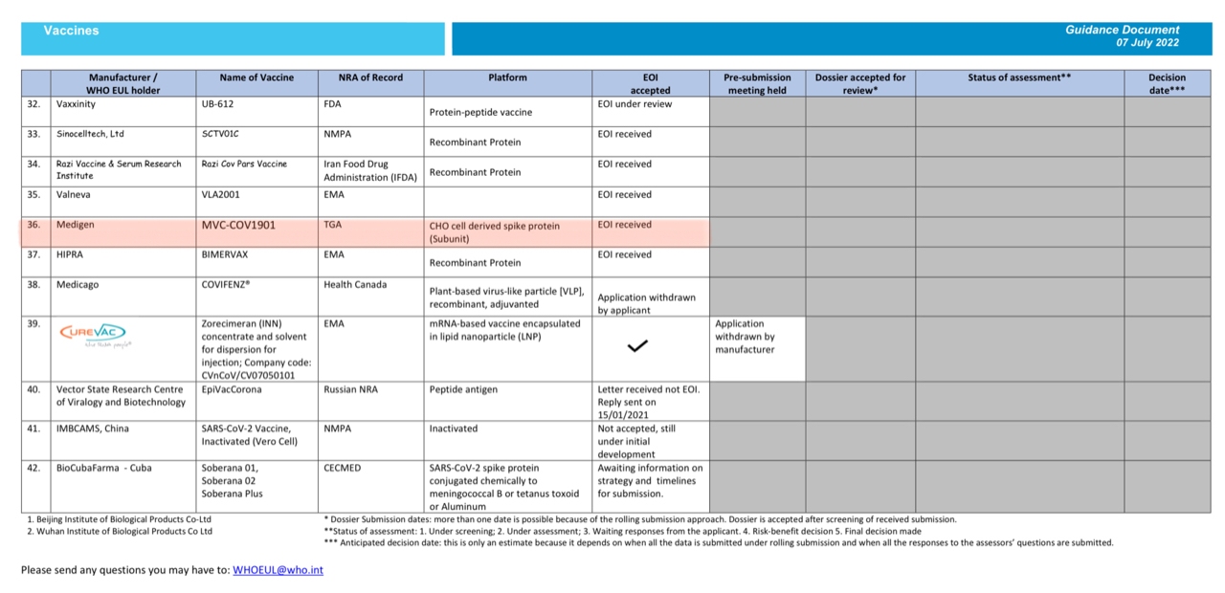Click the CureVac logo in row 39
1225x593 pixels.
pos(94,336)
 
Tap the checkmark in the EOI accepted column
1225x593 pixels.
pos(637,346)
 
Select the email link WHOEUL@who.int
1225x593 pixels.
pos(278,570)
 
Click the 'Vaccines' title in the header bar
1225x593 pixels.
pos(71,31)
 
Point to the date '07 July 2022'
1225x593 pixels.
pos(1147,43)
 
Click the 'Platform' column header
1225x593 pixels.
pos(507,77)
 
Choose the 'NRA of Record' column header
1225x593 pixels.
pos(370,77)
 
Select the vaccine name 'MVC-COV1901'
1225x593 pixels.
pos(238,226)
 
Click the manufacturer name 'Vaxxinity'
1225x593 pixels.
pos(76,103)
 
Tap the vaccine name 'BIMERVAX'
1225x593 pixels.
pos(225,255)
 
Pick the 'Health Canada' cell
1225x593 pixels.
pos(355,285)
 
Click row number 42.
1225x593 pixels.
pos(33,468)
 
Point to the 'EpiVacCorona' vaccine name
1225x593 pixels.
pos(231,390)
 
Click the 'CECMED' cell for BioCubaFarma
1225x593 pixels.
pos(344,468)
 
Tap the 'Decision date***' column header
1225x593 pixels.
pos(1167,83)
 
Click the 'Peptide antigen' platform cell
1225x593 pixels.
pos(463,390)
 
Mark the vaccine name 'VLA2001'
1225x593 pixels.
pos(221,195)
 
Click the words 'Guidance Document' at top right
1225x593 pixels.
pos(1122,30)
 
